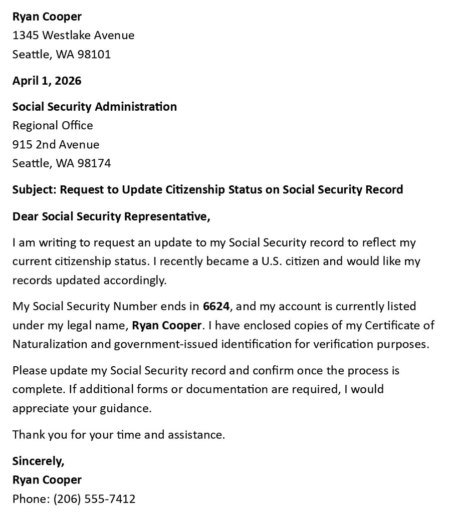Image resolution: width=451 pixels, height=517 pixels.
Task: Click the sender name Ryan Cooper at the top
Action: [x=47, y=17]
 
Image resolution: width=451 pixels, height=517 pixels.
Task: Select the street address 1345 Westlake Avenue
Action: [x=73, y=35]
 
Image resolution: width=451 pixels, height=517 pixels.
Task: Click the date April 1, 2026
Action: [x=47, y=81]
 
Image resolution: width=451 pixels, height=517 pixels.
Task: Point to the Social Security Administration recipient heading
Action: [x=94, y=107]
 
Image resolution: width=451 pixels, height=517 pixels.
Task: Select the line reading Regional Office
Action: [x=53, y=125]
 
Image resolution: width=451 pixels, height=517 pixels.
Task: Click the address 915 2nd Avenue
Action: [x=56, y=144]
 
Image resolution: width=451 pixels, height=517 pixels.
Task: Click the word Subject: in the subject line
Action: [x=34, y=190]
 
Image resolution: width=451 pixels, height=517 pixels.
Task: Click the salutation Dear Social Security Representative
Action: [x=111, y=216]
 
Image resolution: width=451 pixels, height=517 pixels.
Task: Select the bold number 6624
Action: [x=216, y=306]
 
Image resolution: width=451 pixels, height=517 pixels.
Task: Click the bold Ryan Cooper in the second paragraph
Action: [x=166, y=325]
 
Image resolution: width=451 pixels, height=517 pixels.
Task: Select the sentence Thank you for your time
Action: [x=118, y=434]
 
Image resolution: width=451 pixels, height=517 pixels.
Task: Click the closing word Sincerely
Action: [x=38, y=461]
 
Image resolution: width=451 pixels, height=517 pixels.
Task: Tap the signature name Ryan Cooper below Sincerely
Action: [x=47, y=479]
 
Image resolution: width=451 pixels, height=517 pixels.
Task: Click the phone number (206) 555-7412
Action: [x=94, y=499]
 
